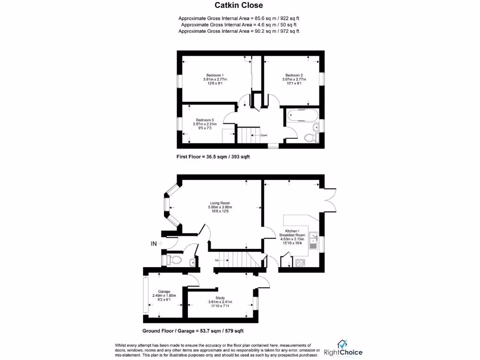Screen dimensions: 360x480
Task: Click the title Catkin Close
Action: [x=239, y=6]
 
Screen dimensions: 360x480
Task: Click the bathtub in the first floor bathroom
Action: [x=300, y=115]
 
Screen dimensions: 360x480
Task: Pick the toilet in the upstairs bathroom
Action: [x=310, y=137]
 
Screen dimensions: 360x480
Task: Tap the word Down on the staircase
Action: [x=264, y=135]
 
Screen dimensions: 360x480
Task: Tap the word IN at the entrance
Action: [x=153, y=244]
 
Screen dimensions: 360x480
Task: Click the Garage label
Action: [x=164, y=292]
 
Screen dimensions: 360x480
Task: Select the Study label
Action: [x=220, y=298]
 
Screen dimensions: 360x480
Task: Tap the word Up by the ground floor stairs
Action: [x=217, y=260]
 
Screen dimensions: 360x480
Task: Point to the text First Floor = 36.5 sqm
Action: [x=213, y=157]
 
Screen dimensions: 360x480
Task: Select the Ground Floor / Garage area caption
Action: [x=193, y=331]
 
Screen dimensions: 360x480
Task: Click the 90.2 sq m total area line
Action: [x=239, y=31]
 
